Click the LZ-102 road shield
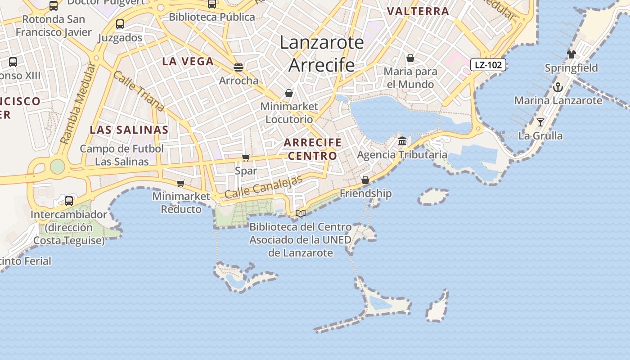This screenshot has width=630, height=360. click(x=488, y=65)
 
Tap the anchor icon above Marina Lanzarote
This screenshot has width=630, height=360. click(x=558, y=87)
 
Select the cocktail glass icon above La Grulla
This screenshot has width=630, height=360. click(x=540, y=122)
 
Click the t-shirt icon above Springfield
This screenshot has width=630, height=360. click(x=571, y=54)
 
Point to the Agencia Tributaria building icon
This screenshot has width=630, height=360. click(x=402, y=141)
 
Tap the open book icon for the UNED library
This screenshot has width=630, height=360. click(x=301, y=213)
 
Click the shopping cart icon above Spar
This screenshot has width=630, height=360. click(x=246, y=157)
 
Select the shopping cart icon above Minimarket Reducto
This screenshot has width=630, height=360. click(x=181, y=183)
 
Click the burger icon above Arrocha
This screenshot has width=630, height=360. click(x=238, y=67)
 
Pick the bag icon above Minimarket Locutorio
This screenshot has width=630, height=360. click(x=289, y=93)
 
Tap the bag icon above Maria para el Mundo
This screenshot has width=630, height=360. click(x=410, y=58)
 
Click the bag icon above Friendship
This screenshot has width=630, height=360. click(x=365, y=180)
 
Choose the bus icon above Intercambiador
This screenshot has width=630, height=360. click(x=69, y=201)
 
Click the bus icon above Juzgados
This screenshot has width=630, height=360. click(x=120, y=24)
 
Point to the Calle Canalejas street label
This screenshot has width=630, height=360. click(x=264, y=187)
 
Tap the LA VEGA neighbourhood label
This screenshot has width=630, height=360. click(x=188, y=62)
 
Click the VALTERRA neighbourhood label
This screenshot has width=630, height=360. click(x=418, y=11)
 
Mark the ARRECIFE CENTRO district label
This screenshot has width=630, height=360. click(x=313, y=149)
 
